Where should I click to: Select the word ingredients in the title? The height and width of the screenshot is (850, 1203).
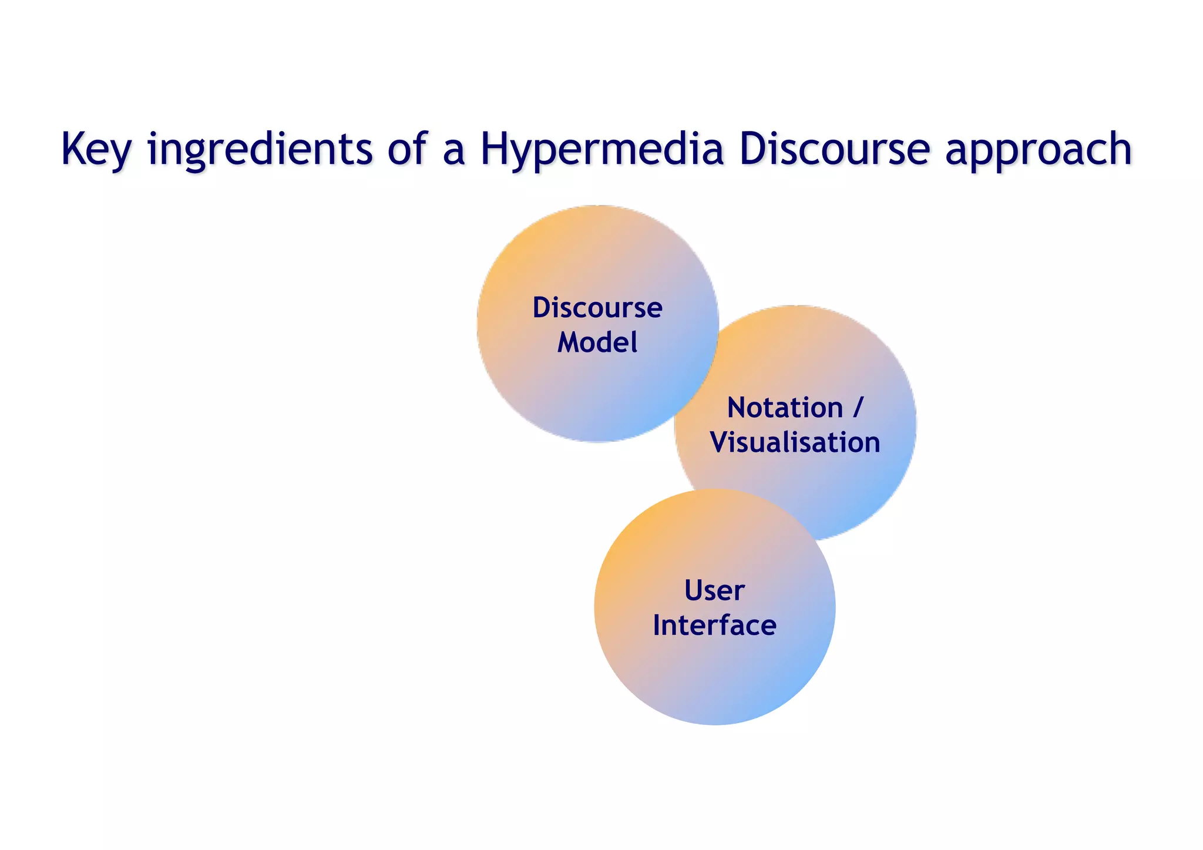point(260,150)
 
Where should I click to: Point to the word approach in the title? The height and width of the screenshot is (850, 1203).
point(1038,150)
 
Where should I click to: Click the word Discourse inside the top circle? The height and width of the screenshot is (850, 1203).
point(597,308)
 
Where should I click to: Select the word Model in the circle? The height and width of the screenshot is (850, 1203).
point(597,342)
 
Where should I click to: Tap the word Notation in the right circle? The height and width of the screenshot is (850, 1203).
point(785,408)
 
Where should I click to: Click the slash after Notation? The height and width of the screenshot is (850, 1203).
point(858,407)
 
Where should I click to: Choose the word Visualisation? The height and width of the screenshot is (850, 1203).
point(795,442)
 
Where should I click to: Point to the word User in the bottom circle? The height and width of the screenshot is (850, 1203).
point(714,590)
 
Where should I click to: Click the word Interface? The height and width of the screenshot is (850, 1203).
point(714,625)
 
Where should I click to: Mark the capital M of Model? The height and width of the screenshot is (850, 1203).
point(568,342)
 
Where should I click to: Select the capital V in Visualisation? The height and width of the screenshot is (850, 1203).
point(719,442)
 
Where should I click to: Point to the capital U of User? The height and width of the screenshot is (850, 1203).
point(694,590)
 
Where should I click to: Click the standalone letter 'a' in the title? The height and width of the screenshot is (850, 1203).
point(453,152)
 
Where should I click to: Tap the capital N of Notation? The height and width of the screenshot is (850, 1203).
point(738,408)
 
